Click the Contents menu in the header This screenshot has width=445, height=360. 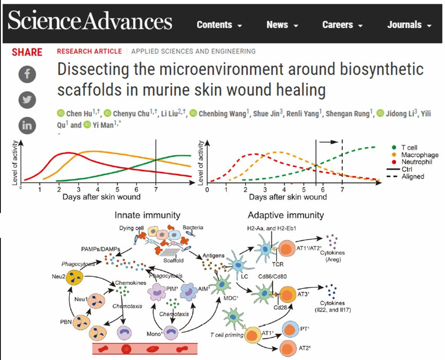[219, 25]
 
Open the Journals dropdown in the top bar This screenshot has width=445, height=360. [409, 25]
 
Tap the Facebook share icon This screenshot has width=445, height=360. [27, 74]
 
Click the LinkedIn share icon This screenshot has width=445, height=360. [27, 126]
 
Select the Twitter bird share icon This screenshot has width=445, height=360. [27, 100]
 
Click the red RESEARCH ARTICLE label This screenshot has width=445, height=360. [90, 51]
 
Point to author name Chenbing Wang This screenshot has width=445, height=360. [222, 114]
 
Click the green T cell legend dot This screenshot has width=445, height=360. [394, 147]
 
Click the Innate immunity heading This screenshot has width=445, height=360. [147, 215]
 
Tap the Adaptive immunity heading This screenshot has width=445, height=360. [286, 215]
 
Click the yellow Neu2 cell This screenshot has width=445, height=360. [74, 278]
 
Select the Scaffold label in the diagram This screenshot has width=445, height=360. [173, 261]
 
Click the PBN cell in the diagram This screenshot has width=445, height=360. [81, 323]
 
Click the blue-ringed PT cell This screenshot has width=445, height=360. [290, 329]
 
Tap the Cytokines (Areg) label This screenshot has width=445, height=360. [332, 256]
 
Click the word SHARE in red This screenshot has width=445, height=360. [27, 52]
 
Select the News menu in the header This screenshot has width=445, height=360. [282, 25]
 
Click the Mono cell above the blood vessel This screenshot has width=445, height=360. [171, 332]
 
